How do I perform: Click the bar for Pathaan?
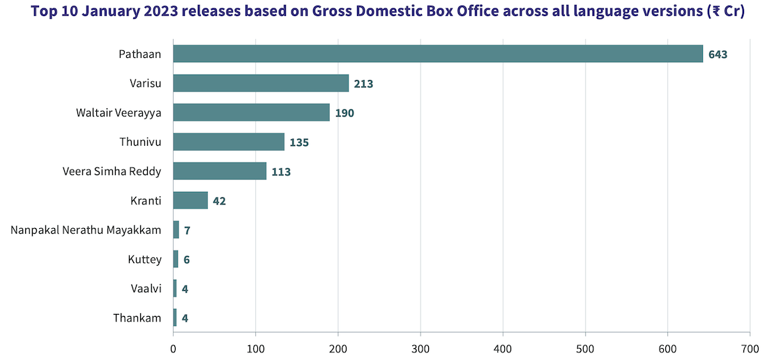tap(438, 54)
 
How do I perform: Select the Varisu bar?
tap(261, 83)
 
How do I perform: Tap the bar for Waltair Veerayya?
tap(251, 112)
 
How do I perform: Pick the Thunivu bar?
tap(229, 142)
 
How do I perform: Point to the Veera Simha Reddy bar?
tap(220, 171)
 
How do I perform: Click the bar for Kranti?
tap(190, 200)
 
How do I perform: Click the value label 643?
tap(718, 54)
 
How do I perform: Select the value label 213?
tap(363, 84)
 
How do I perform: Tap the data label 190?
tap(344, 113)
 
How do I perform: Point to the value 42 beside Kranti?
tap(219, 201)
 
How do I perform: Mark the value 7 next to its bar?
tap(187, 230)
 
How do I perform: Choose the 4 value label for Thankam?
tap(185, 318)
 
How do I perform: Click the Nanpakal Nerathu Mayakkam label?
tap(86, 230)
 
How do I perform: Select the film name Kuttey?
tap(144, 259)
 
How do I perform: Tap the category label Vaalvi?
tap(146, 288)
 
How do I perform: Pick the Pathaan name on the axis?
tap(139, 54)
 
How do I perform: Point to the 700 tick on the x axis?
tap(750, 347)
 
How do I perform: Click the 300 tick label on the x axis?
tap(420, 347)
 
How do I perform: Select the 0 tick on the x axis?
tap(173, 347)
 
